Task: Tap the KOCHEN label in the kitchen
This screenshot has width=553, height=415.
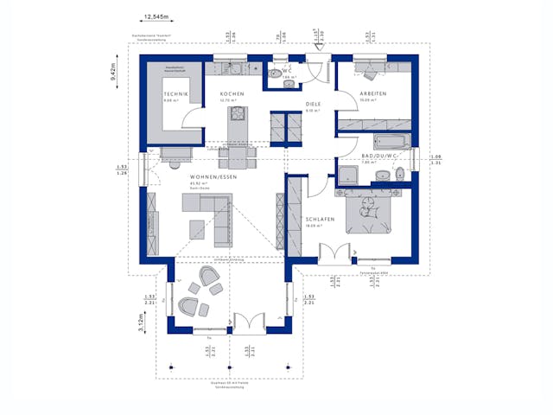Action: (x=232, y=93)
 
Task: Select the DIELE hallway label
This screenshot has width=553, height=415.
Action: (x=312, y=104)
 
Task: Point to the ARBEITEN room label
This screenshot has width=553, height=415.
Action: (x=373, y=93)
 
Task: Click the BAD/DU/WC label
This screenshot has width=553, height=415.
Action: (x=378, y=156)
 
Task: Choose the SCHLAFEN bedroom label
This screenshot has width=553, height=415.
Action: (x=320, y=220)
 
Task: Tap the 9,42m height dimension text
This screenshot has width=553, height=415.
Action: (x=113, y=69)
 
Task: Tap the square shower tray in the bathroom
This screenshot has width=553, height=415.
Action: (x=348, y=176)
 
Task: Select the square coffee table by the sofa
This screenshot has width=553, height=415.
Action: (x=199, y=230)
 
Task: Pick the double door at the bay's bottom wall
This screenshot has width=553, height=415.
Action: (x=246, y=324)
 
